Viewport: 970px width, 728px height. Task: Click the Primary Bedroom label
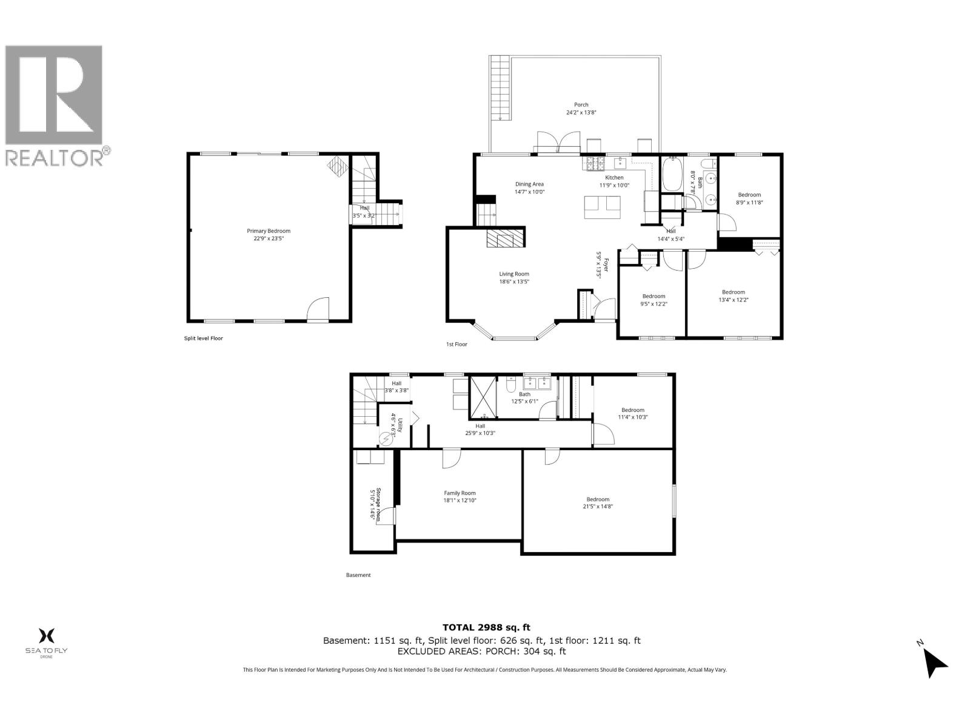tap(268, 231)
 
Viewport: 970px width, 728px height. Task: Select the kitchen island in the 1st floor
tap(603, 207)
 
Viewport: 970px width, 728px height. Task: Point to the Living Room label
tap(514, 274)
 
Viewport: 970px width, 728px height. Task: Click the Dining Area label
tap(529, 184)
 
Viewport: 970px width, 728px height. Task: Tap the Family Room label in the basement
tap(460, 493)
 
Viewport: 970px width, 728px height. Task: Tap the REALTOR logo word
tap(55, 158)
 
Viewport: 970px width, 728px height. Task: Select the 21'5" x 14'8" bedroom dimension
tap(597, 507)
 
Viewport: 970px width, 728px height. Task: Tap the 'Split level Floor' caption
tap(204, 338)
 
